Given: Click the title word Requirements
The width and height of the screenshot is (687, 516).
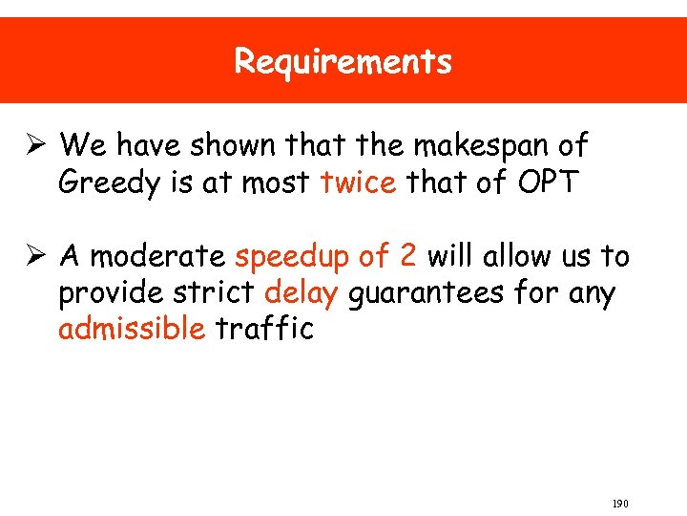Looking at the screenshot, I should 343,62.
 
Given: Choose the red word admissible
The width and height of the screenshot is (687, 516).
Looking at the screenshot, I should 132,329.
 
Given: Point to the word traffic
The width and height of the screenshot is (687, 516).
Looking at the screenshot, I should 264,329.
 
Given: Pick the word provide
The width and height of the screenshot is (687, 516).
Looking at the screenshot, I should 103,292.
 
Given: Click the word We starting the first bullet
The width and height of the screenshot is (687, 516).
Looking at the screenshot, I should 83,146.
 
